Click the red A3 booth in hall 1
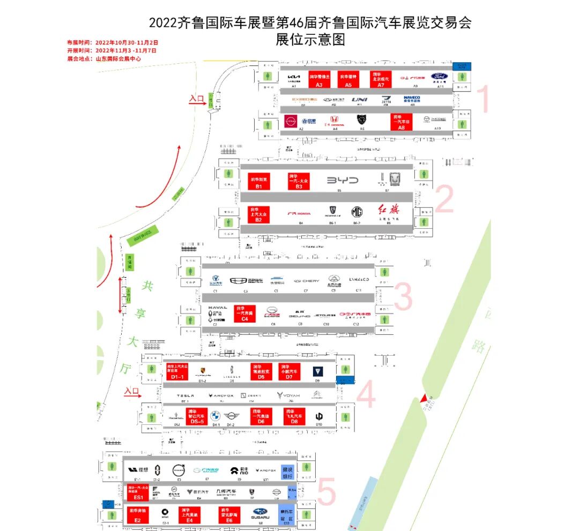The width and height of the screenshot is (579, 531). (x=319, y=78)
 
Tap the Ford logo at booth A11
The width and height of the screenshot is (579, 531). (x=441, y=77)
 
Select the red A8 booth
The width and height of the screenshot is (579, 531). (x=402, y=122)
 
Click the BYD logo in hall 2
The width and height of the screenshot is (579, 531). (x=342, y=181)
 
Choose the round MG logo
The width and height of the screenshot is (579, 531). (x=357, y=211)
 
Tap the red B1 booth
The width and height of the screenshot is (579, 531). (x=258, y=181)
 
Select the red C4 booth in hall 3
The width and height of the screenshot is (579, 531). (x=245, y=313)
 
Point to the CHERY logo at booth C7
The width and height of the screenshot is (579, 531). (x=307, y=281)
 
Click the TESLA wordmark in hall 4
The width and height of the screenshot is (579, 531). (x=185, y=395)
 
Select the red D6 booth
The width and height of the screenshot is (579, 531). (x=262, y=416)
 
